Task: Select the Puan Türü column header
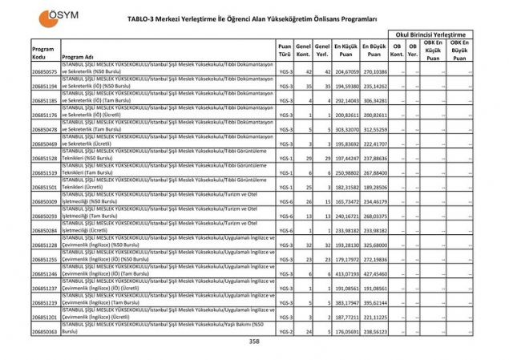(285, 51)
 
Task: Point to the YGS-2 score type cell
(285, 331)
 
